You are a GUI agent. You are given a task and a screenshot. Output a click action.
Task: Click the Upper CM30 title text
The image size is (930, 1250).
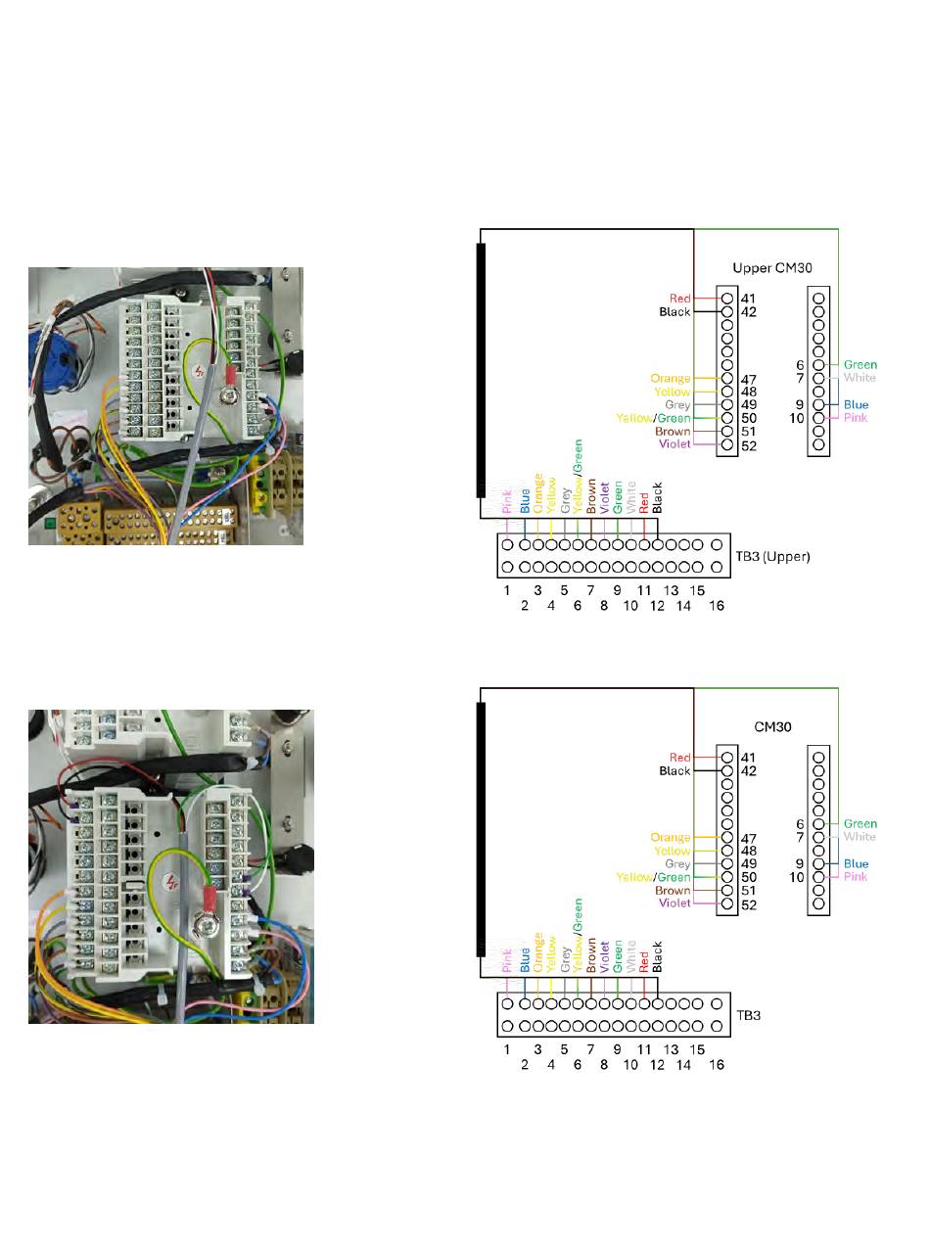tap(771, 267)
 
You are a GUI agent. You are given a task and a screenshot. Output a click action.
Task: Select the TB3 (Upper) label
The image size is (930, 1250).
tap(772, 556)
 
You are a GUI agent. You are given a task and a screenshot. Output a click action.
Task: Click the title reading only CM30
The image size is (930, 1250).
tap(772, 727)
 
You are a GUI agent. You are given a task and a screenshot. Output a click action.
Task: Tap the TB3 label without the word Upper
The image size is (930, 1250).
tap(748, 1015)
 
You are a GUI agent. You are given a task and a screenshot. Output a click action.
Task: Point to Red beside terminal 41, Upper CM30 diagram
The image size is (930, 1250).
tap(679, 299)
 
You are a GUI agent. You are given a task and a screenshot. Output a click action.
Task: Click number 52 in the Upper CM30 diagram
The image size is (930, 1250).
tap(749, 445)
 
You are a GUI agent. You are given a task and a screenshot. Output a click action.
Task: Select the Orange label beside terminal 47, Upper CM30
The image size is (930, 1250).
tap(670, 379)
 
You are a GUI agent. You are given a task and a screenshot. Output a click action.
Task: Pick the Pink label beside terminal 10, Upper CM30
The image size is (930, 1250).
tap(855, 418)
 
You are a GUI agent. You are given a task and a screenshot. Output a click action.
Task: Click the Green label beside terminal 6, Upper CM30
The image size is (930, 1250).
tap(860, 365)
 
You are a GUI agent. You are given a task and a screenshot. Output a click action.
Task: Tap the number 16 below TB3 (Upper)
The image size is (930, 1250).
tap(717, 606)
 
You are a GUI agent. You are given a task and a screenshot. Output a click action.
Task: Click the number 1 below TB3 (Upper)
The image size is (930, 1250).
tap(507, 590)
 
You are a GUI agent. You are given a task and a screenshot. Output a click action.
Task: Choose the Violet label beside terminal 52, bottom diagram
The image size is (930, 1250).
tap(674, 903)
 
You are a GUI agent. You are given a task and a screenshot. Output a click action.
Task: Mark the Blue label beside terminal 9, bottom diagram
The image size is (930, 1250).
tap(856, 864)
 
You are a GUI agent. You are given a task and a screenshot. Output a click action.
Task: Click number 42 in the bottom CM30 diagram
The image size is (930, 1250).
tap(749, 771)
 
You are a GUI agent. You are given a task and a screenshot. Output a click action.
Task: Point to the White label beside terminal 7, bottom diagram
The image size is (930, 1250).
tap(860, 837)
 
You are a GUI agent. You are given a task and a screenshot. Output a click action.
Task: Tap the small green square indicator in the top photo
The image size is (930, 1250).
tap(51, 522)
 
